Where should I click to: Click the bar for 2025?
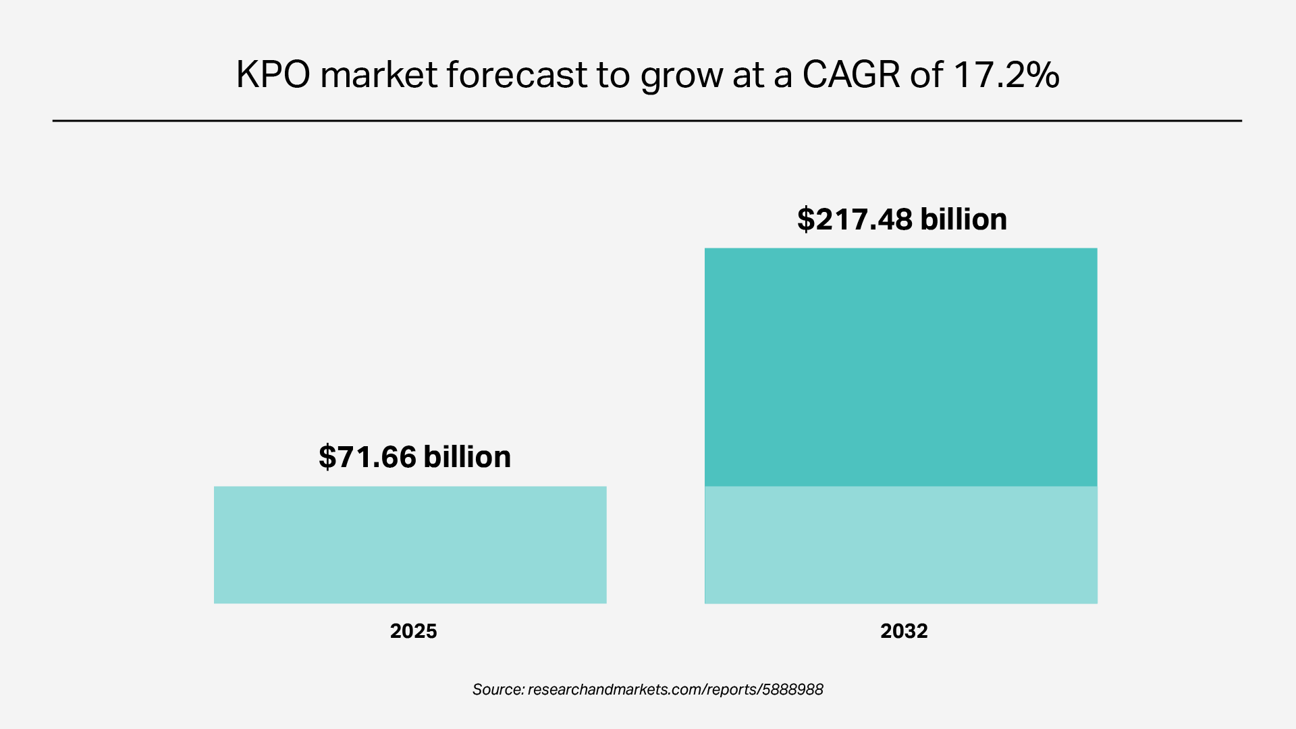pos(410,545)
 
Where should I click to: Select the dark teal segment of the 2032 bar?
pos(900,367)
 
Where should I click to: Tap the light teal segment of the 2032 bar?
pos(900,545)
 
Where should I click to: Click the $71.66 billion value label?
pos(414,457)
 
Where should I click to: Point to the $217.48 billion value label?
pos(902,219)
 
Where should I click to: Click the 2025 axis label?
pos(413,631)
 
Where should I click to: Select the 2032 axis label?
pos(904,631)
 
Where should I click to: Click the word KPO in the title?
pos(273,74)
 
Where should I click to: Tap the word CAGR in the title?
pos(850,74)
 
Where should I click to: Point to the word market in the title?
pos(379,74)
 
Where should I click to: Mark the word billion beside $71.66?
pos(467,457)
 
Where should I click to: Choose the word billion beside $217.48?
pos(963,219)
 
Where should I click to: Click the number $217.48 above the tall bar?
pos(855,219)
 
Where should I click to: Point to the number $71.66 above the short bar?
pos(367,457)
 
